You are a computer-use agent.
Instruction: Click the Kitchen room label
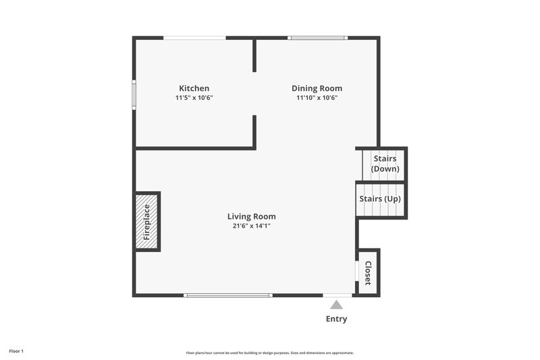point(194,88)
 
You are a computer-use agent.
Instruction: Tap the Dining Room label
point(317,88)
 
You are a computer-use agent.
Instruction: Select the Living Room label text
point(251,217)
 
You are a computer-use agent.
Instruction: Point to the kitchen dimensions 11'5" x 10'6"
point(194,98)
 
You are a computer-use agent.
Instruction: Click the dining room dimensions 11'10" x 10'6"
point(317,98)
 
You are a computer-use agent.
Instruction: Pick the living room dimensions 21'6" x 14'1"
point(251,226)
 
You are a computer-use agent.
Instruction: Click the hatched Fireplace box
point(146,222)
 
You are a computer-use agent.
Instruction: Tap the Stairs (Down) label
point(385,163)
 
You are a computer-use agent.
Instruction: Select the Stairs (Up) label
point(379,199)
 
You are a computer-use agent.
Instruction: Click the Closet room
point(369,272)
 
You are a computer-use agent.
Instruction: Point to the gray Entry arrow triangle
point(336,305)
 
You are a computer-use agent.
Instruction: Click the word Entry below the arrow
point(336,319)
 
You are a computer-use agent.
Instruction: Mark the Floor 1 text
point(16,351)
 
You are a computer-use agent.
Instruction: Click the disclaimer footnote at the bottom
point(269,353)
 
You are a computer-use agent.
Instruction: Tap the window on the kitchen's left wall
point(134,94)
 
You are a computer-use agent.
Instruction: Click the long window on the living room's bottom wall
point(228,295)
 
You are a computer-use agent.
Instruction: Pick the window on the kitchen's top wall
point(194,38)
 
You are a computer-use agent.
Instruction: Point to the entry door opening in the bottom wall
point(337,295)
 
